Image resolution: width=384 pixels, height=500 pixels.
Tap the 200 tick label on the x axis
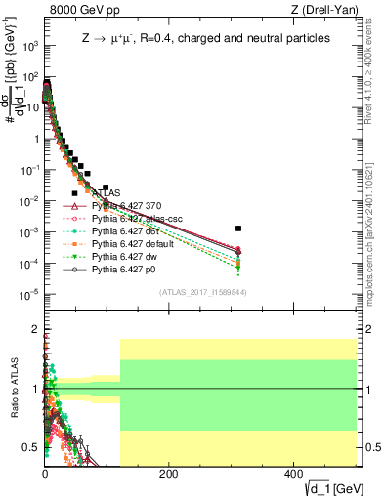click(167, 475)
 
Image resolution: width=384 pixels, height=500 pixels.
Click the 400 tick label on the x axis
click(292, 475)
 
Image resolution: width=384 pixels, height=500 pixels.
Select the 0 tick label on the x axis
click(45, 475)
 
